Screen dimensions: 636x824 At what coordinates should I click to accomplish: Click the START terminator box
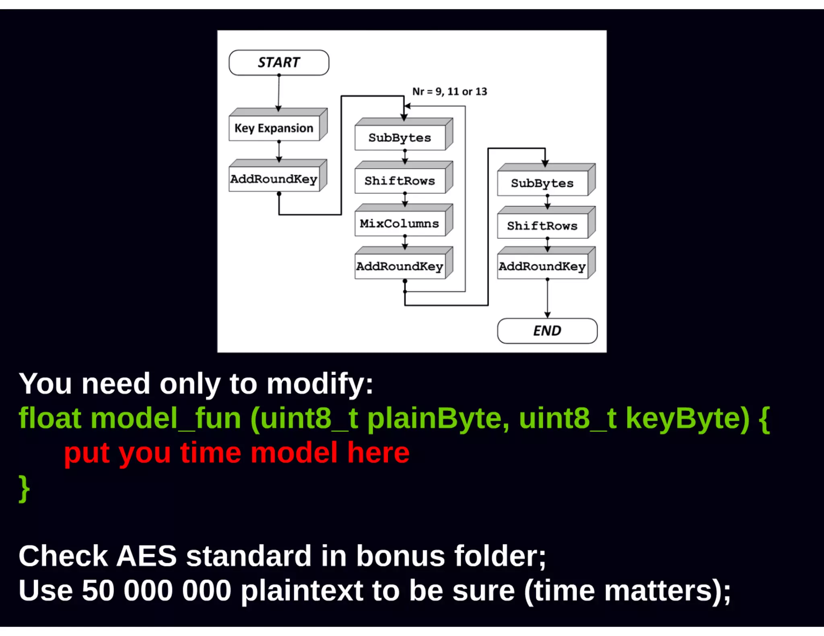coord(279,63)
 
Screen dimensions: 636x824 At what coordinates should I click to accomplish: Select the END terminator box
coord(547,331)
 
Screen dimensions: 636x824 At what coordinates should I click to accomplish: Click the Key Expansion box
coord(274,128)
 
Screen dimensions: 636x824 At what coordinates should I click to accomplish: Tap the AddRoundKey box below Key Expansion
coord(274,179)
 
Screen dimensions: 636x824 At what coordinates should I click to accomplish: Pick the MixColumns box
coord(400,224)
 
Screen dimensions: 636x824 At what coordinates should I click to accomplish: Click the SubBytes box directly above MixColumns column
coord(400,138)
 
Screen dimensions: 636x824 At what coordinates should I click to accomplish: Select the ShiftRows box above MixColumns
coord(400,181)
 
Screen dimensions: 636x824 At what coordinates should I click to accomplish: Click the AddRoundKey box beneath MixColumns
coord(400,267)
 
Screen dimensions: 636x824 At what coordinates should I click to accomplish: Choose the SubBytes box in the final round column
coord(542,183)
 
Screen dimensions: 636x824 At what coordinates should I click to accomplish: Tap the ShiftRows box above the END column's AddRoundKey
coord(542,226)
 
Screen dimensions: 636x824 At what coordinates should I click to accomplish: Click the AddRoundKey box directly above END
coord(542,267)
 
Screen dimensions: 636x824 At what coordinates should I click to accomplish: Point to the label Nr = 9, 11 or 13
coord(449,92)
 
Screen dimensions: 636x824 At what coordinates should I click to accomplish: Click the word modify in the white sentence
coord(320,384)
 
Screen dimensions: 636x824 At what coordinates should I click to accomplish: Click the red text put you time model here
coord(237,453)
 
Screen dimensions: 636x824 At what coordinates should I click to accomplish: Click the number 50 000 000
coord(157,591)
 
